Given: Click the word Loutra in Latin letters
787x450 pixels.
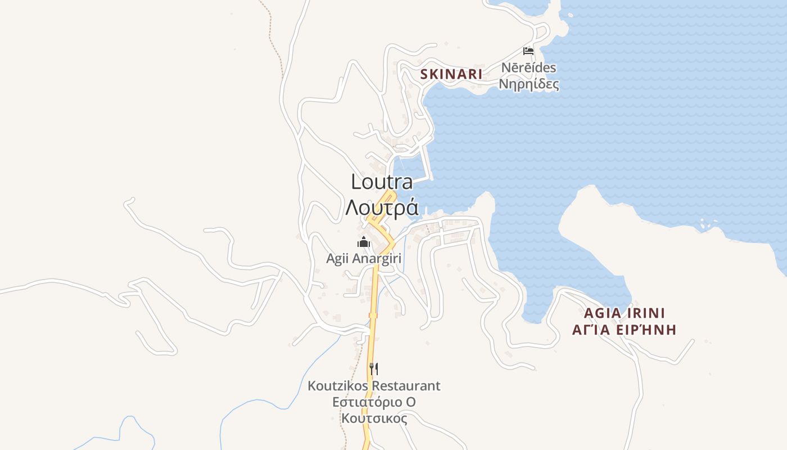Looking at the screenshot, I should (x=382, y=182).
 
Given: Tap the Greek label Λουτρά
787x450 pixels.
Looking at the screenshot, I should (x=382, y=208).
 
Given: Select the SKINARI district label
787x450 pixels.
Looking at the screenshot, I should (x=451, y=74).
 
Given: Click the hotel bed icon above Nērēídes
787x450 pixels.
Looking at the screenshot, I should (x=528, y=51).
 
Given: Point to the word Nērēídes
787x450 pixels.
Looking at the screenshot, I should (x=528, y=68).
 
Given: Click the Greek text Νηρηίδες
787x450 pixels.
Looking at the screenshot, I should (x=528, y=85).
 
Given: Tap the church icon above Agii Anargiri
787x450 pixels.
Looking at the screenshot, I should (x=364, y=242).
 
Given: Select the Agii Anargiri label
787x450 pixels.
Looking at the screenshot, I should (x=364, y=259).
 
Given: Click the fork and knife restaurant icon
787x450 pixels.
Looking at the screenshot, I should (x=373, y=368).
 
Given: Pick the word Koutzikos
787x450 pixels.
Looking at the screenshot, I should (x=336, y=386).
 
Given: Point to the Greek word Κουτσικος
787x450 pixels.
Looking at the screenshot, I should (x=374, y=418).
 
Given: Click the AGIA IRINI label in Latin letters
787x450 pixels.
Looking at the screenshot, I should (x=624, y=313).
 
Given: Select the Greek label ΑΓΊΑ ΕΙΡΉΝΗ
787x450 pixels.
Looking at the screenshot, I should (x=624, y=330).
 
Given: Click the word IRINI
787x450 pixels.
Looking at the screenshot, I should (x=646, y=313).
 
